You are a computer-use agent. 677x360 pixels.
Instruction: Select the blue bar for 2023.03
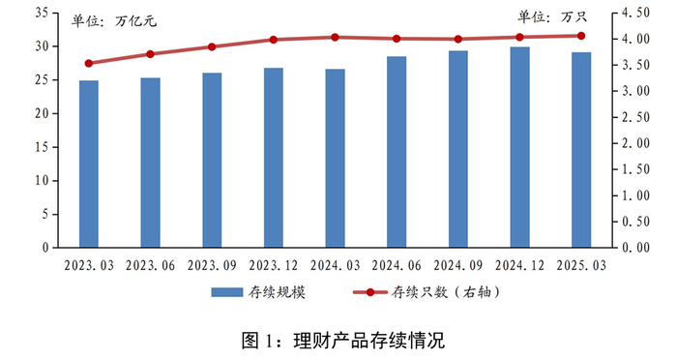(x=89, y=164)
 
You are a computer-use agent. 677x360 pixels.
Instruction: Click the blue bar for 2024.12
(x=519, y=147)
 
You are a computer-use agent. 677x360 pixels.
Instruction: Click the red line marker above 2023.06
(x=150, y=54)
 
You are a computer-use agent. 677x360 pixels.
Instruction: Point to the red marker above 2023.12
(x=274, y=40)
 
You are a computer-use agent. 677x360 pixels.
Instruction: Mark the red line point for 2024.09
(x=457, y=40)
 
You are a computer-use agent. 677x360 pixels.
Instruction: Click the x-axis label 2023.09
(x=212, y=264)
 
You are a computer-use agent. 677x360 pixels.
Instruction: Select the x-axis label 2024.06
(x=397, y=264)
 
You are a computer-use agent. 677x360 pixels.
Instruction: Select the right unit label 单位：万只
(x=557, y=16)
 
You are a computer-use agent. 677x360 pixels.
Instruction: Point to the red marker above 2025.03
(x=581, y=36)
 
